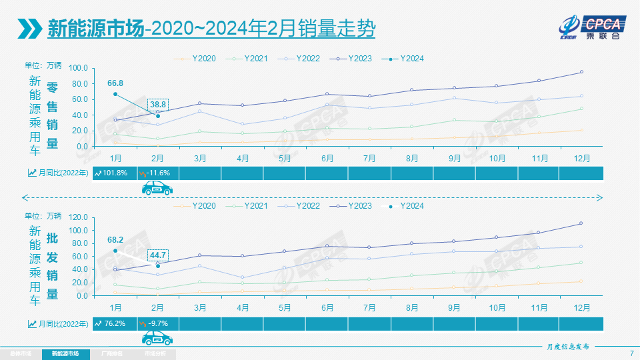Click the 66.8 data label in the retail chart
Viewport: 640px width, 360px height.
(115, 83)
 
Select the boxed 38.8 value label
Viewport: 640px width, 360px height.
(158, 105)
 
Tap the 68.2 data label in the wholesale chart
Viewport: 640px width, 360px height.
(115, 239)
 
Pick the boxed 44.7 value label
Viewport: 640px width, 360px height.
(158, 255)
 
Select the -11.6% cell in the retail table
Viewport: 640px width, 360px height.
(157, 173)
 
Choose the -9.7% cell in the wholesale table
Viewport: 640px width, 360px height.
(157, 323)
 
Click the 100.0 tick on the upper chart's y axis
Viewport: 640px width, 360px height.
(78, 68)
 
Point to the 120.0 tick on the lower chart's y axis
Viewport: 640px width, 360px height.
(78, 217)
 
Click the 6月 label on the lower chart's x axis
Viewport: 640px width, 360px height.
(327, 308)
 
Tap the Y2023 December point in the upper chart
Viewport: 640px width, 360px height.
(581, 72)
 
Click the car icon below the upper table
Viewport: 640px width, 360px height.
(157, 189)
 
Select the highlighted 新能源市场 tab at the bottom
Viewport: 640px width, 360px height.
(65, 353)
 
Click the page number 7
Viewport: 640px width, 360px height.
(631, 353)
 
